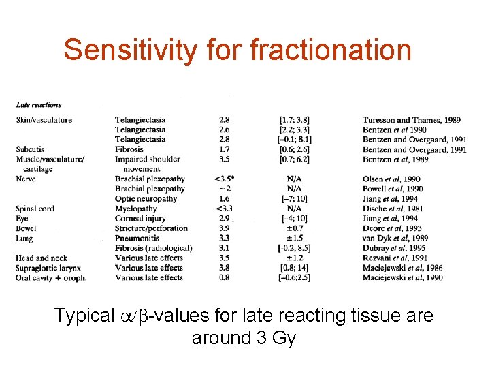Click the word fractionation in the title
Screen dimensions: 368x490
pos(331,50)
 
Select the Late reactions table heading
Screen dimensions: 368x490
pos(38,104)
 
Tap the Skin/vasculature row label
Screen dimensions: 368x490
pos(44,120)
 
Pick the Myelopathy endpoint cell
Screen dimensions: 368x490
pos(135,209)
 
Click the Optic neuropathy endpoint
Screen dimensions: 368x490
pos(146,199)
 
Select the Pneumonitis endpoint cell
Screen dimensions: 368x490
pos(138,239)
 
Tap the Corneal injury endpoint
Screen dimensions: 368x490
pos(140,219)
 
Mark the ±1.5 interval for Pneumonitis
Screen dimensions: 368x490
pos(295,239)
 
